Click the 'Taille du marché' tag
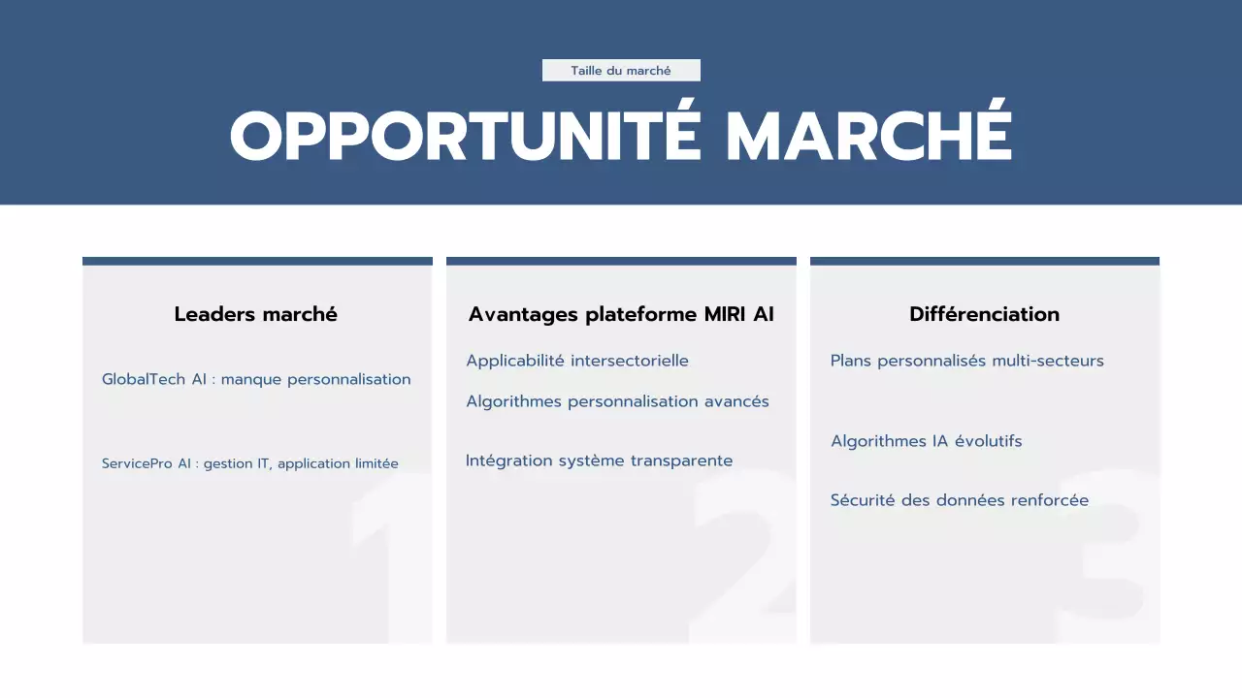click(x=621, y=71)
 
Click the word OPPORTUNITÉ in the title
click(x=465, y=136)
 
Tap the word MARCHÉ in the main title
click(x=869, y=136)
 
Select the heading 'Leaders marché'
click(x=256, y=314)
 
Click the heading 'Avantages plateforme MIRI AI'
click(x=621, y=314)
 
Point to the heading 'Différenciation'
click(x=984, y=314)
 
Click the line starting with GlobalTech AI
click(x=256, y=379)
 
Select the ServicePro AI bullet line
click(x=250, y=463)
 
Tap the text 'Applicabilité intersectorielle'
click(x=577, y=361)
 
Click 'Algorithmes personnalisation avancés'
click(x=617, y=401)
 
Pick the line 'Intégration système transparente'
click(x=599, y=460)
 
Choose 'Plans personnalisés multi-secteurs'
click(x=966, y=361)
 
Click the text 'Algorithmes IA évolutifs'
click(x=926, y=441)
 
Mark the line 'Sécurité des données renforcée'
click(x=959, y=500)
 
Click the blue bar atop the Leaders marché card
click(x=257, y=261)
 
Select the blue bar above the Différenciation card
click(x=984, y=261)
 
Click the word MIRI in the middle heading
click(x=725, y=314)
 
